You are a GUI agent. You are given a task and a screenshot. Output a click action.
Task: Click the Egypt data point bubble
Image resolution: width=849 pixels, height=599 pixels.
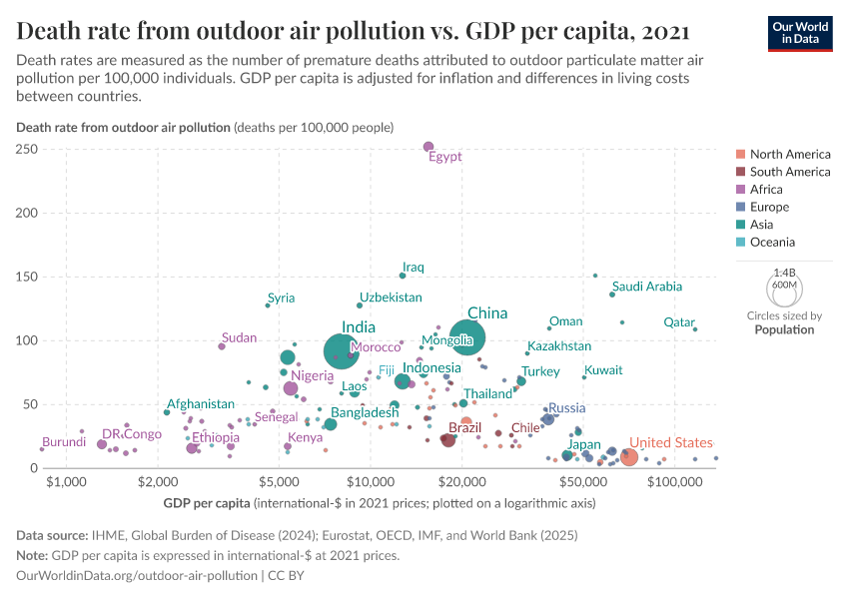point(428,147)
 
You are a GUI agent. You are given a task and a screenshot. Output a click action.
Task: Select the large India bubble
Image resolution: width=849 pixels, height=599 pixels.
point(343,349)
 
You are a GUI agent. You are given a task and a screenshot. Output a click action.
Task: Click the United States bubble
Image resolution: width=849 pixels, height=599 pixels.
point(628,456)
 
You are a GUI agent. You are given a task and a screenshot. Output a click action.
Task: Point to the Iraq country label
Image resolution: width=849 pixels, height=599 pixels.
point(414,268)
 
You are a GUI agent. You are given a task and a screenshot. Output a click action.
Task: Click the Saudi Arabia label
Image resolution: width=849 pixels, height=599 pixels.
point(647,287)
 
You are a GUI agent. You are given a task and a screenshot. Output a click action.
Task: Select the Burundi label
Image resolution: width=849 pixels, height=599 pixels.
point(64,441)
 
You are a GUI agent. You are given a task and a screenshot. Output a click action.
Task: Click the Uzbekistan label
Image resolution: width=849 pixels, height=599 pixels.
point(391,298)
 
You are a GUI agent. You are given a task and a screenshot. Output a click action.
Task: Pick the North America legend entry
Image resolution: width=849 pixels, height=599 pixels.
point(789,155)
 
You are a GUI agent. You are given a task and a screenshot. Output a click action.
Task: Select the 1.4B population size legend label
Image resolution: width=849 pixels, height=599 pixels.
point(785,272)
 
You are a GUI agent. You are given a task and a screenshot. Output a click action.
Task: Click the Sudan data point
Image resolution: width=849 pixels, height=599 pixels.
point(222,345)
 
